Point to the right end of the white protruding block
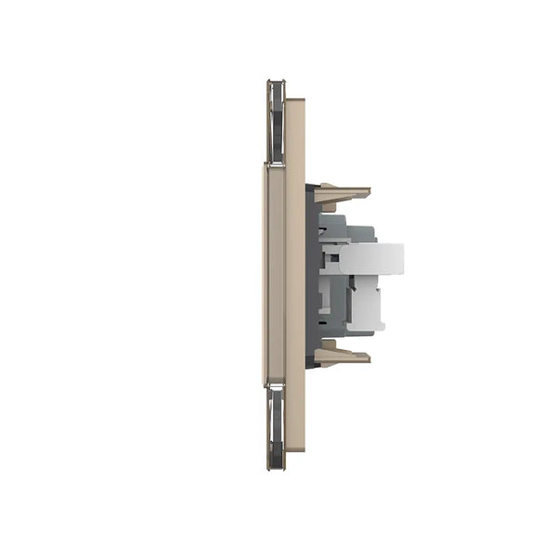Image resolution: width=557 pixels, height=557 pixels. [x=401, y=259]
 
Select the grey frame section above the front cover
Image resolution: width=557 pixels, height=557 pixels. [x=276, y=121]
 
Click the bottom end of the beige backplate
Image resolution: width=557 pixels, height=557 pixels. [x=295, y=447]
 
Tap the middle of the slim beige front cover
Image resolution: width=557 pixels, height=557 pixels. [x=274, y=274]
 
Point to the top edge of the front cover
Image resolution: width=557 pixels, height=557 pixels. [x=274, y=165]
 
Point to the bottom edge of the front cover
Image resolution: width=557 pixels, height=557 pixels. [x=274, y=382]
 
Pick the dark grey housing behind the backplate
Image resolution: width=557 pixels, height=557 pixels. [x=312, y=278]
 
